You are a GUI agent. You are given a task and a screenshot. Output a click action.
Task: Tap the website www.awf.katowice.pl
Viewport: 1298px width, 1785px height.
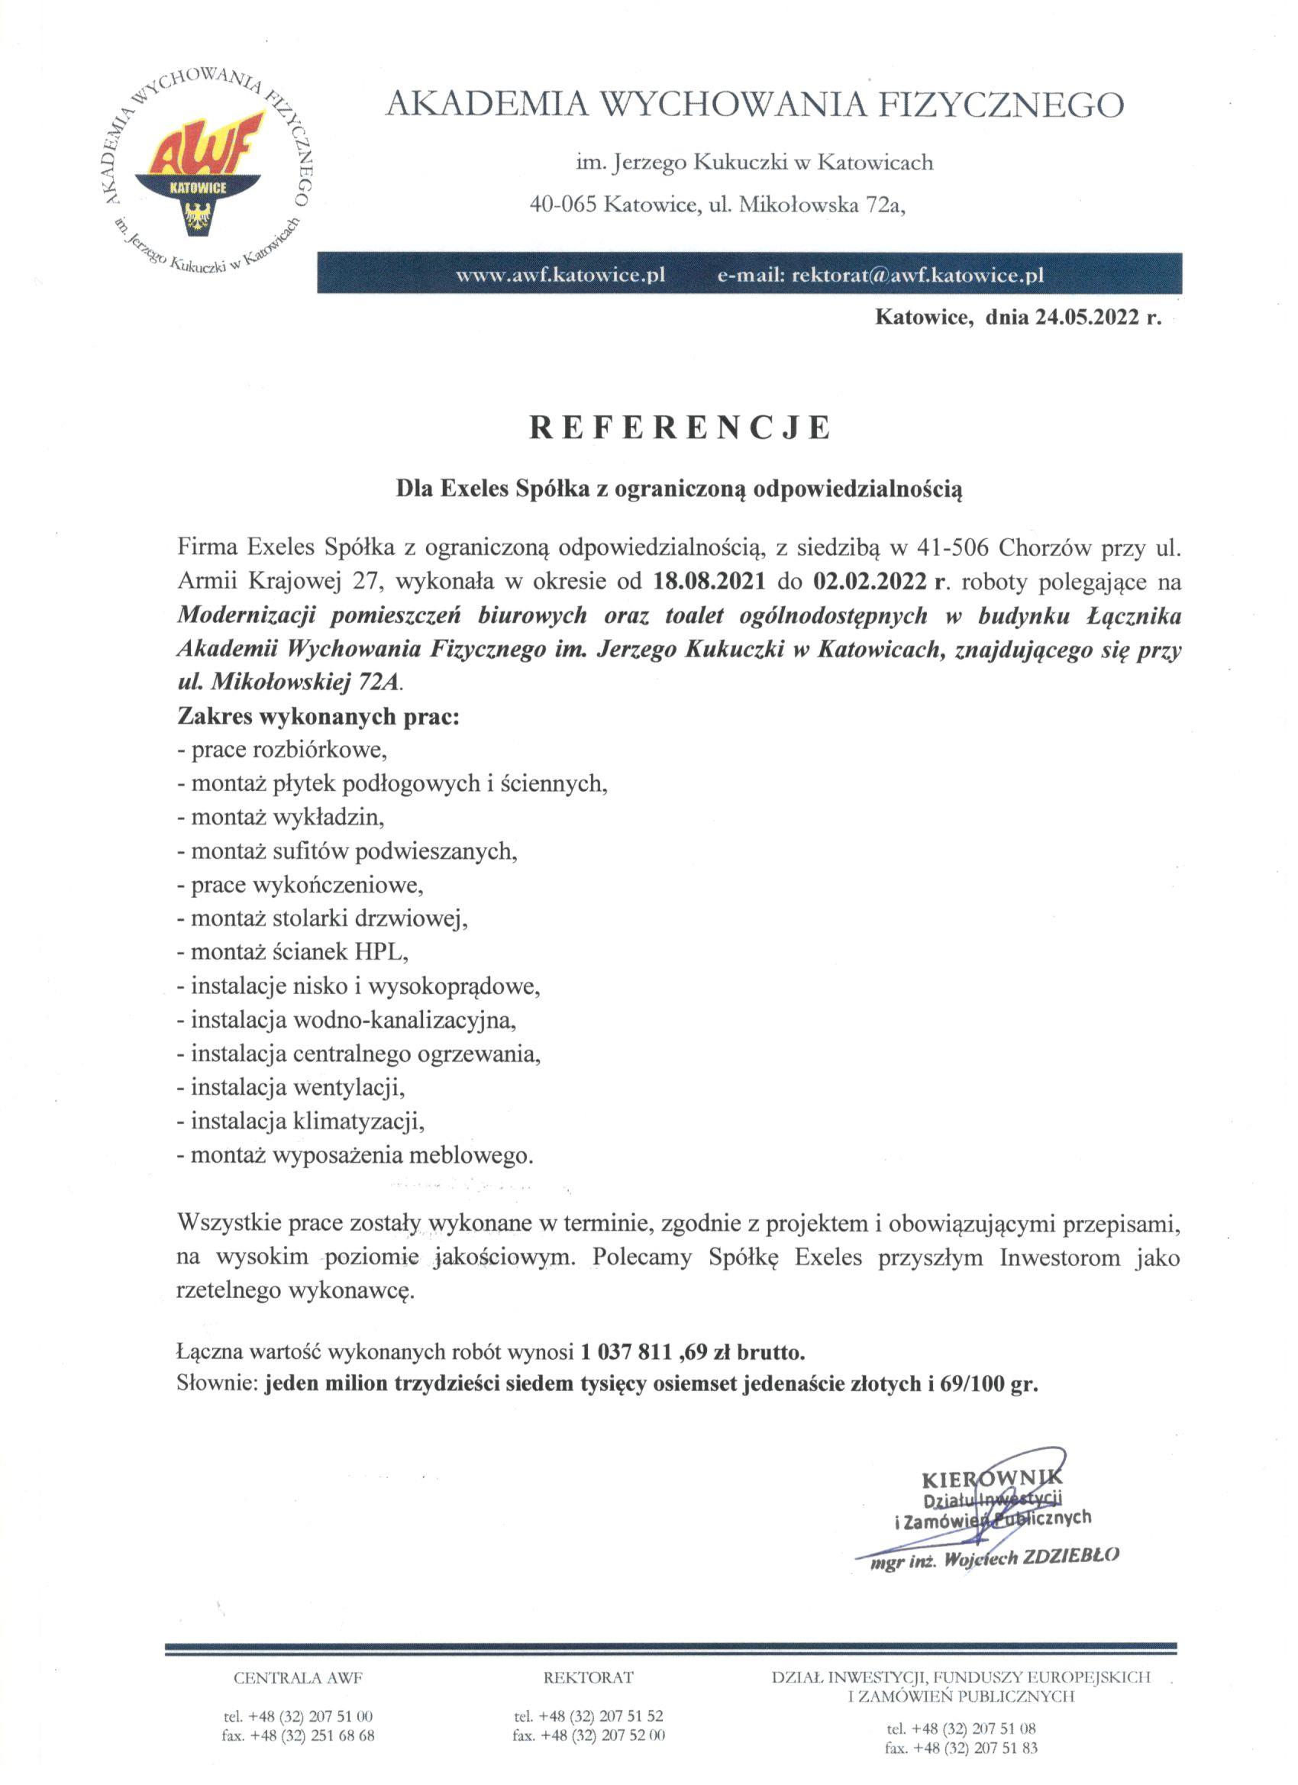coord(561,276)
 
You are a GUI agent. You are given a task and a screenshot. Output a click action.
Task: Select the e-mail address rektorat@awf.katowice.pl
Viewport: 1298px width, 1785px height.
coord(918,276)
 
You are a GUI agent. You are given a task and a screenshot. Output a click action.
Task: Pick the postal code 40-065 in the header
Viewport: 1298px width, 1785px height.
coord(563,205)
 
